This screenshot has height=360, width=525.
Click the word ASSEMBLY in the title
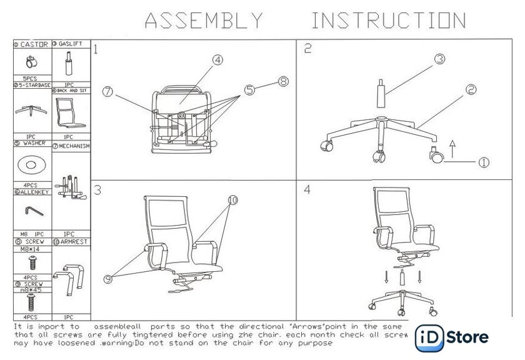click(x=204, y=21)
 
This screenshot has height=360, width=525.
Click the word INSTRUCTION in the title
click(x=389, y=21)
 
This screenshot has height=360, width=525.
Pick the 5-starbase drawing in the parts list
click(x=30, y=111)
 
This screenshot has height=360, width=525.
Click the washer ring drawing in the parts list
click(x=30, y=166)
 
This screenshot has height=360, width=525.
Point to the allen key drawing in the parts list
click(x=29, y=213)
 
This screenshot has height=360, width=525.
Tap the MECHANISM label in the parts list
click(x=74, y=146)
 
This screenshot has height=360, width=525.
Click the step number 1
click(x=96, y=49)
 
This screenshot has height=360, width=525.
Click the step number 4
click(x=307, y=190)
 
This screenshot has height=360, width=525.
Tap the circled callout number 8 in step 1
click(x=283, y=81)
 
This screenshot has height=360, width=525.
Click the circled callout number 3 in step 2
click(x=439, y=59)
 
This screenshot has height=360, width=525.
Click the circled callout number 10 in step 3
click(x=232, y=201)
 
